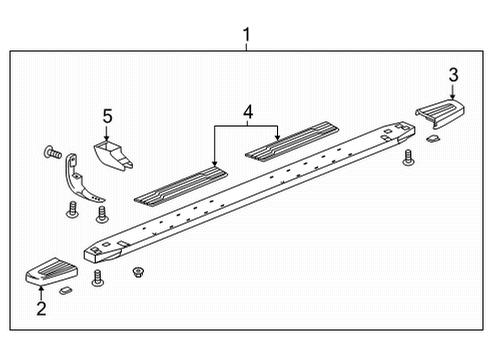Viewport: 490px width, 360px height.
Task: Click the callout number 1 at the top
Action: coord(246,38)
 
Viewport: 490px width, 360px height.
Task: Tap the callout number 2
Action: coord(41,309)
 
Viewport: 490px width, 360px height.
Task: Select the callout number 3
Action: coord(453,74)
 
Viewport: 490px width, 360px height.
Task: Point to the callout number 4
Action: coord(247,109)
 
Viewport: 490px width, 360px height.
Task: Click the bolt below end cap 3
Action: coord(407,158)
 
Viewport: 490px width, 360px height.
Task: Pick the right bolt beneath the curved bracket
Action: coord(100,214)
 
